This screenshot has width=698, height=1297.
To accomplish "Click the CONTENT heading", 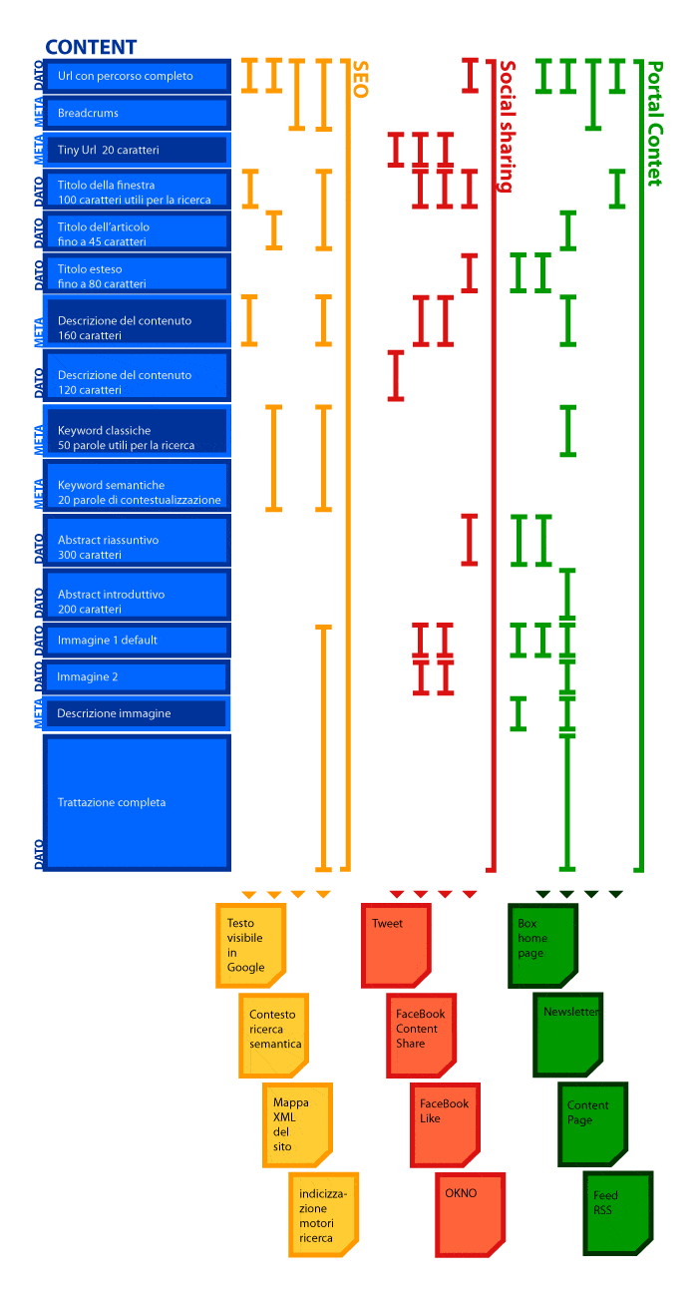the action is click(x=91, y=47).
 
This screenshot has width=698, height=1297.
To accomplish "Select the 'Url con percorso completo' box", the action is click(x=138, y=76).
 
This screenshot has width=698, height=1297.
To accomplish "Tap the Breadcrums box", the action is click(x=138, y=113).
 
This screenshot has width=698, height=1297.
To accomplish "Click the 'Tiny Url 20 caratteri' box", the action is click(x=138, y=150).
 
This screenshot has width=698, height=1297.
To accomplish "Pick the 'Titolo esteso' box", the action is click(x=138, y=273).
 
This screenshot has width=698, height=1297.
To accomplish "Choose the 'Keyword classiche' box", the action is click(x=138, y=431).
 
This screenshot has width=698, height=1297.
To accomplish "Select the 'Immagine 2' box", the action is click(x=138, y=676).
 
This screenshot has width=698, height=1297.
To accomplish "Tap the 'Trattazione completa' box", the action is click(x=138, y=802).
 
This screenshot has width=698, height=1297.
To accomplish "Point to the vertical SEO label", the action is click(x=360, y=80).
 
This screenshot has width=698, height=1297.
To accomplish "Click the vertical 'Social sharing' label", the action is click(x=507, y=127).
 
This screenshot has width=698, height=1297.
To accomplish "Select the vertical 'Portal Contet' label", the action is click(x=654, y=124).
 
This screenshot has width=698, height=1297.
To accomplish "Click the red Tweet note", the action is click(x=396, y=945).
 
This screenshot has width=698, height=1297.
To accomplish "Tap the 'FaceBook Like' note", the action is click(x=445, y=1125).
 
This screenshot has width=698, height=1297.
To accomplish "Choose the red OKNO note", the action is click(x=470, y=1215).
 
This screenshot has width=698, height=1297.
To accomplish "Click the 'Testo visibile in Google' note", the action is click(x=250, y=945).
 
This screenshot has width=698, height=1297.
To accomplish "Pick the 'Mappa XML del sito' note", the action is click(x=297, y=1125).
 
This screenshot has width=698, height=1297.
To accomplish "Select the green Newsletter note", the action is click(x=567, y=1035).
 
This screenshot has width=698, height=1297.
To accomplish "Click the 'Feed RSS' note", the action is click(x=618, y=1213).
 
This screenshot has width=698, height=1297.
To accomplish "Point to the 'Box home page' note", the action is click(x=542, y=945).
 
